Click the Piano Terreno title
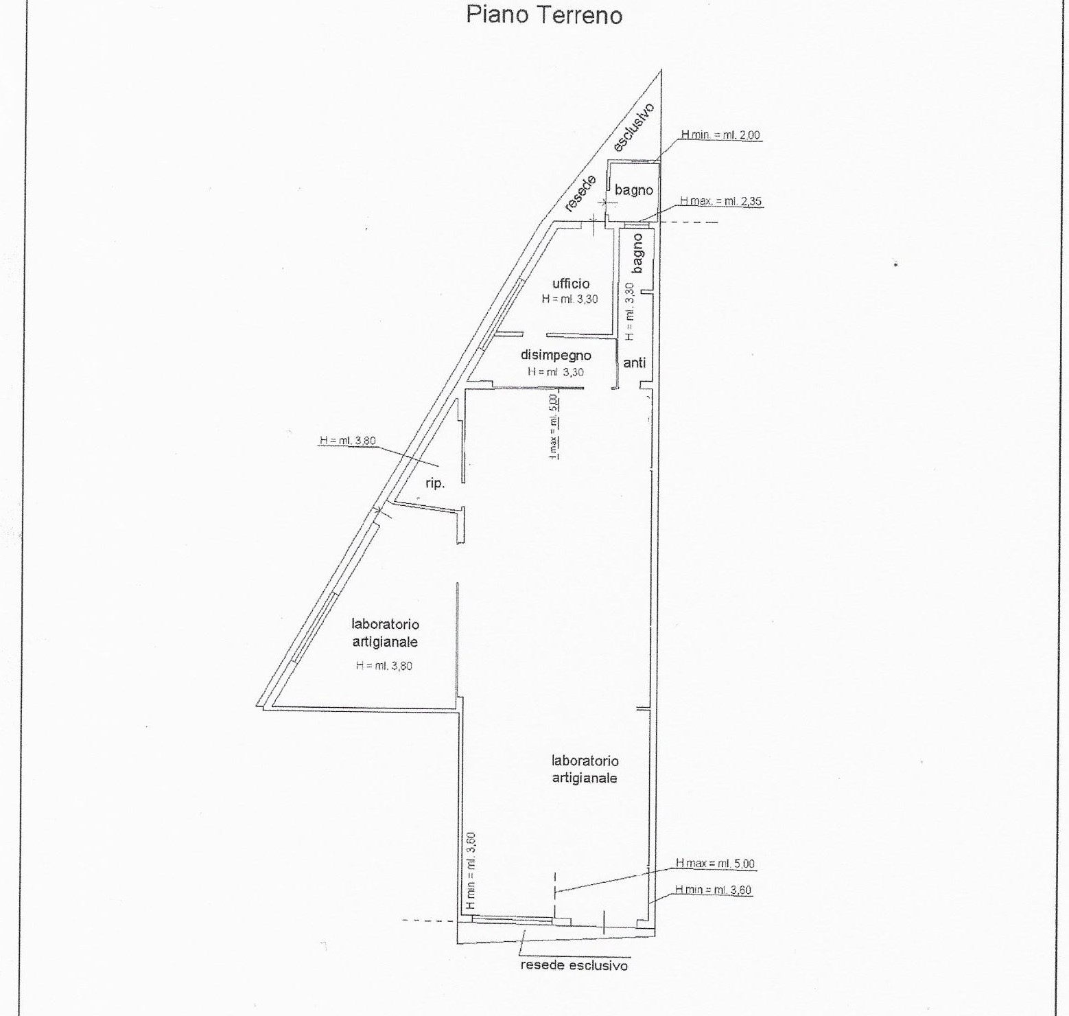click(x=544, y=14)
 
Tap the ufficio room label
click(x=571, y=283)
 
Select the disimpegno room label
click(x=556, y=356)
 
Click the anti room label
click(x=635, y=362)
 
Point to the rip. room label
click(x=435, y=483)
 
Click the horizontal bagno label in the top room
click(x=634, y=189)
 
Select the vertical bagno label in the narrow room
click(x=637, y=253)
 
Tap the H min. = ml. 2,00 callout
click(x=720, y=135)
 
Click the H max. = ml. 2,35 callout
click(x=721, y=201)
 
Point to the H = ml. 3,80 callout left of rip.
click(x=348, y=441)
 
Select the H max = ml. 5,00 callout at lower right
click(x=715, y=864)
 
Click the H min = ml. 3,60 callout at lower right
click(x=714, y=890)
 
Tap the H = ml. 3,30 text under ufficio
click(x=569, y=299)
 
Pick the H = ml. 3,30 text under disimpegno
click(x=556, y=372)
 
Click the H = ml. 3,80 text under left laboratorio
click(x=384, y=665)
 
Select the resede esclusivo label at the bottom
click(x=574, y=965)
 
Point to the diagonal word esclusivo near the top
click(x=633, y=128)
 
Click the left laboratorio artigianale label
click(x=385, y=633)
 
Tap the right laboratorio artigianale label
click(x=585, y=770)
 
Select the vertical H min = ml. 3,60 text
click(x=471, y=871)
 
